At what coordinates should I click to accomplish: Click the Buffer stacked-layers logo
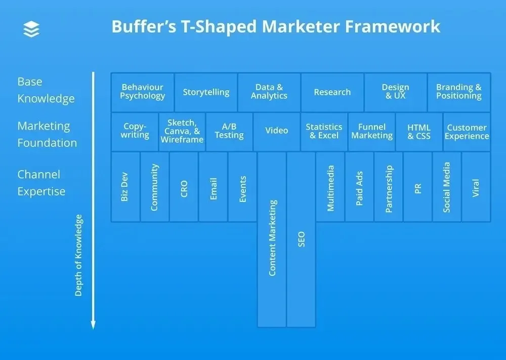[31, 29]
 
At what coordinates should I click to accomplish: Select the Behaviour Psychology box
[142, 92]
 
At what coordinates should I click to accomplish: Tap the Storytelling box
[206, 92]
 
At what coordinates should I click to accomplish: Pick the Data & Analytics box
[269, 92]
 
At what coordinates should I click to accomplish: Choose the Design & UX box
[396, 92]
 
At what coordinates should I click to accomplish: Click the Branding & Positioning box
[459, 92]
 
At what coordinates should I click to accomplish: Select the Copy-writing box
[135, 132]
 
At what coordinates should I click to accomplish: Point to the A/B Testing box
[229, 132]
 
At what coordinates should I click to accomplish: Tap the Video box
[277, 132]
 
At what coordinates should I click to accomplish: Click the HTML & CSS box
[419, 132]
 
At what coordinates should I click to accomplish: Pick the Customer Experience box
[467, 132]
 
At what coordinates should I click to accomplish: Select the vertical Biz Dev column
[125, 187]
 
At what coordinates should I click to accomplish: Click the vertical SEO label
[301, 239]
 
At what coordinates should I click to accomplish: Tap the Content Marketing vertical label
[272, 238]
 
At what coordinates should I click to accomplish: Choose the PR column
[417, 187]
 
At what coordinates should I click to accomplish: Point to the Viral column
[476, 187]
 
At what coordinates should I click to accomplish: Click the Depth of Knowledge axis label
[78, 255]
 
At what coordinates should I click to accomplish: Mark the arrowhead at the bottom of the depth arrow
[93, 326]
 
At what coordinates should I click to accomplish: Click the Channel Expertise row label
[41, 183]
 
